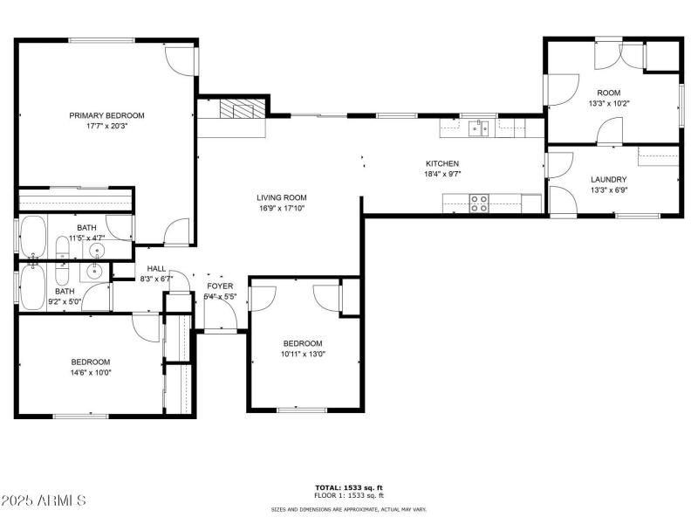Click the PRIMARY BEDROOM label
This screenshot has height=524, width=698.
click(107, 115)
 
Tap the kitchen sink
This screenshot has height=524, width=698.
click(477, 129)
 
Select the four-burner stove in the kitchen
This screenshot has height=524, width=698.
click(479, 203)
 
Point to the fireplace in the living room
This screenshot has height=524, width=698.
click(237, 110)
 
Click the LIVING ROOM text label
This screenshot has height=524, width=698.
click(281, 197)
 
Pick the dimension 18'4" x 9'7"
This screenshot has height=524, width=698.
click(441, 174)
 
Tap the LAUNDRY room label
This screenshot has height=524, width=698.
click(608, 180)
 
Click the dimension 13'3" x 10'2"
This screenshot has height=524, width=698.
click(608, 103)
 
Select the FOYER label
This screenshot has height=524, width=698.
click(220, 286)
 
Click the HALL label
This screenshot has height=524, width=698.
click(156, 269)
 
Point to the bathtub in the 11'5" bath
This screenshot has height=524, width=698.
click(33, 238)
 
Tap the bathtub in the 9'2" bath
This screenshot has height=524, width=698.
click(33, 286)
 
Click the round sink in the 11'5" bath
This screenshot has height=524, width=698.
click(96, 251)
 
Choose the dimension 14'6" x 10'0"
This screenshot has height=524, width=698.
click(91, 373)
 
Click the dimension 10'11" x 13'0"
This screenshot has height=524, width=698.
click(302, 354)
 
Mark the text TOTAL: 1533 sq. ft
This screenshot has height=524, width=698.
click(349, 486)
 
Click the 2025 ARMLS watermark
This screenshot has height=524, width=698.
click(44, 501)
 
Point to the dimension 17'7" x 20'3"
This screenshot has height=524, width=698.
click(107, 126)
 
